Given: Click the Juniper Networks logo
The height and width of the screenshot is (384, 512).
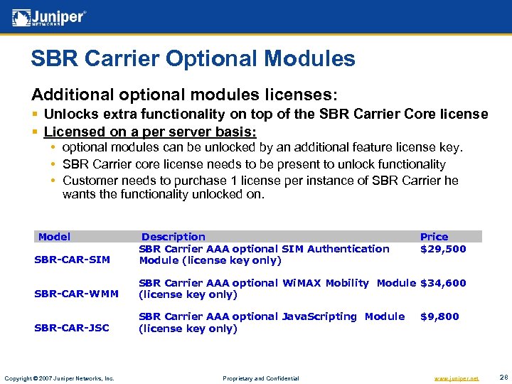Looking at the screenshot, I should coord(50,17).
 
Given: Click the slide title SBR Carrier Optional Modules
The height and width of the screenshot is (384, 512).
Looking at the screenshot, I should coord(193,58).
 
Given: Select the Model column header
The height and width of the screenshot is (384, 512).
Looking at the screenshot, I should coord(54,237).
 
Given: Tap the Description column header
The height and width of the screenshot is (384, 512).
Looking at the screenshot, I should coord(173,237).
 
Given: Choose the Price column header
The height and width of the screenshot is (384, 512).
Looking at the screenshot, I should coord(434,237).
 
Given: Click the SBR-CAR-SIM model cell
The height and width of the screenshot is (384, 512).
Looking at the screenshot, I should coord(72,260).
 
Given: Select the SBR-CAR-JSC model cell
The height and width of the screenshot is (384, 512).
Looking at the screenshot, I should coord(72,328).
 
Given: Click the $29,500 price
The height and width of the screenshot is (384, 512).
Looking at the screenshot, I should coord(443,249).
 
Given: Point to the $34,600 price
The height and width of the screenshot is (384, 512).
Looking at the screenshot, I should coord(443,283).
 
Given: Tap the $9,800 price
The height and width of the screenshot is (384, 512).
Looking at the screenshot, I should coord(439,316).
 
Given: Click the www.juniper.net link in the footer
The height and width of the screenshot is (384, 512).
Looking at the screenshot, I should coord(456,378).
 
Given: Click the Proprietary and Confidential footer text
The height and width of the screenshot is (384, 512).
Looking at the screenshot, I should coord(260,378).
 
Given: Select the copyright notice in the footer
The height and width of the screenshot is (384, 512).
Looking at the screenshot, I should coord(58,378).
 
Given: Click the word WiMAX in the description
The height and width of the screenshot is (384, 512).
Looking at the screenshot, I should coord(303,283).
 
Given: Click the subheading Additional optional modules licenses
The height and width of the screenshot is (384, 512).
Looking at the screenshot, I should coord(184,95).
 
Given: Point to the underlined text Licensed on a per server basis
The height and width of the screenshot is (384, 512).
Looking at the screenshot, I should coord(149,132).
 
